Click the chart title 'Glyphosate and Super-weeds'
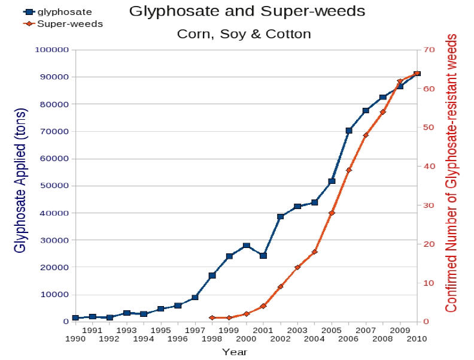[x=247, y=11]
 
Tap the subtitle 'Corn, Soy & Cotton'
[x=244, y=34]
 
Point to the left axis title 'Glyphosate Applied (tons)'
[x=20, y=180]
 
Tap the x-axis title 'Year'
[x=234, y=352]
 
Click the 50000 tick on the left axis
[x=52, y=186]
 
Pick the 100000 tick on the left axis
[x=50, y=50]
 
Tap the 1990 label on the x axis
[x=75, y=338]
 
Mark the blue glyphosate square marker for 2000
[x=246, y=246]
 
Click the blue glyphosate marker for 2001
[x=263, y=256]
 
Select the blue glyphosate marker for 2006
[x=349, y=131]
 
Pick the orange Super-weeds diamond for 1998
[x=212, y=317]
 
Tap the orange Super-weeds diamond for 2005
[x=332, y=213]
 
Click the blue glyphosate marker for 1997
[x=195, y=298]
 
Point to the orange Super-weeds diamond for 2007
[x=366, y=135]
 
